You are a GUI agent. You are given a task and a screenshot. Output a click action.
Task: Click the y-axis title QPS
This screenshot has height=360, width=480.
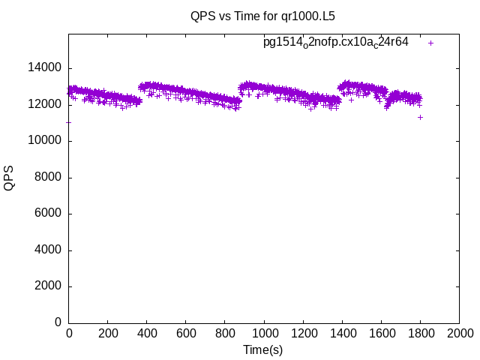(9, 178)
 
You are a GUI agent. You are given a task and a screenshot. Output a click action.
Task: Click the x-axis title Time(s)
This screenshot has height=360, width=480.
(262, 349)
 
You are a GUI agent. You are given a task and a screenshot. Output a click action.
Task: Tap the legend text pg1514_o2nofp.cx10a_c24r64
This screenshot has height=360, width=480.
(336, 42)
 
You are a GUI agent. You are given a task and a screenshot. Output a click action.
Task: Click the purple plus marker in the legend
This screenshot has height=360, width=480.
(431, 43)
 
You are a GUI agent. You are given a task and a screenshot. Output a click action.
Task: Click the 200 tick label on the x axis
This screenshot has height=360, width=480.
(108, 334)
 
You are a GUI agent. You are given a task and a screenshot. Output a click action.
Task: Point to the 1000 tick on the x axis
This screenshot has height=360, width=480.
(264, 334)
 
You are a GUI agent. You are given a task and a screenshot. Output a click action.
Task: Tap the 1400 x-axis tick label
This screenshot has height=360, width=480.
(342, 334)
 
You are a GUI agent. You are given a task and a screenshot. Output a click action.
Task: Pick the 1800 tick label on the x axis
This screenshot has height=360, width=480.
(420, 334)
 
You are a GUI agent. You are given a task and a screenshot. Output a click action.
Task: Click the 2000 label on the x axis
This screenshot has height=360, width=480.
(459, 334)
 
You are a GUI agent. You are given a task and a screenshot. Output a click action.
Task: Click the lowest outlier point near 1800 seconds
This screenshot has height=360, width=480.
(421, 117)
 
